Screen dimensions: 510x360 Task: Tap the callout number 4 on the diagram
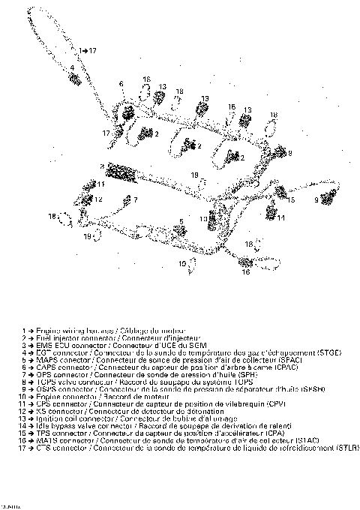point(73,68)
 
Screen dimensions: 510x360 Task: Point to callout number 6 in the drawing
point(121,83)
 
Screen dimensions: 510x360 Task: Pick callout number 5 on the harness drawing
point(181,221)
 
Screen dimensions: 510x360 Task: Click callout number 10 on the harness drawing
point(202,217)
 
